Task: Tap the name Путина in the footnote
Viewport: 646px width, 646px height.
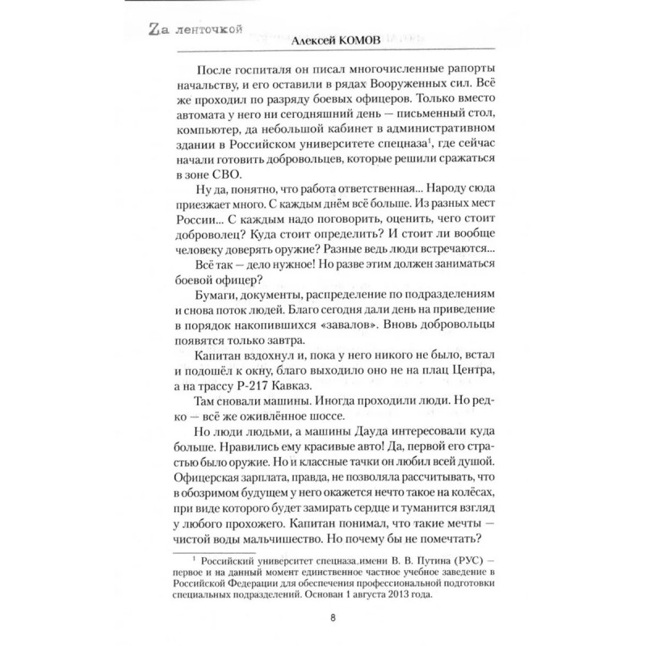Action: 409,560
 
